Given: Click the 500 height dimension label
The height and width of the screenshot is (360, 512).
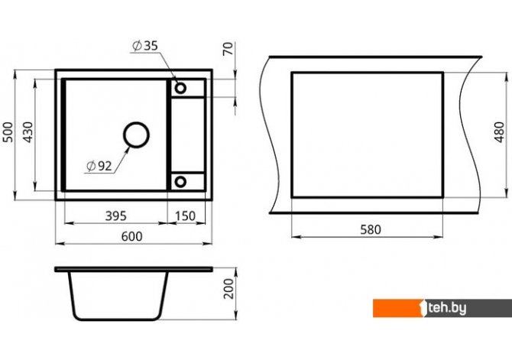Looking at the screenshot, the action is click(x=8, y=132).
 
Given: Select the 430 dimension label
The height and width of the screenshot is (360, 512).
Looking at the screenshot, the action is click(x=28, y=132).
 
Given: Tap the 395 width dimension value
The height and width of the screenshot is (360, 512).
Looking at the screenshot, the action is click(x=115, y=216).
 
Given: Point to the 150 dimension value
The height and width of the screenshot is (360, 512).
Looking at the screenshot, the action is click(x=185, y=216).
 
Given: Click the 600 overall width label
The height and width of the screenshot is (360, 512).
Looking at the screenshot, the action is click(x=132, y=236).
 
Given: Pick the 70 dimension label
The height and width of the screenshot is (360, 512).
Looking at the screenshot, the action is click(x=228, y=49).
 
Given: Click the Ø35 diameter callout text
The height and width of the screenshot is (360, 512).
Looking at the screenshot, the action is click(x=145, y=46).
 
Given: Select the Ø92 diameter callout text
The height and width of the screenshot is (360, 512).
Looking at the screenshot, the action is click(x=99, y=167).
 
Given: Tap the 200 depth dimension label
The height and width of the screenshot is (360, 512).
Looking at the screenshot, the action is click(x=229, y=288).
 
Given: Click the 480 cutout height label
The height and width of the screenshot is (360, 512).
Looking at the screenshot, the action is click(x=499, y=132).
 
